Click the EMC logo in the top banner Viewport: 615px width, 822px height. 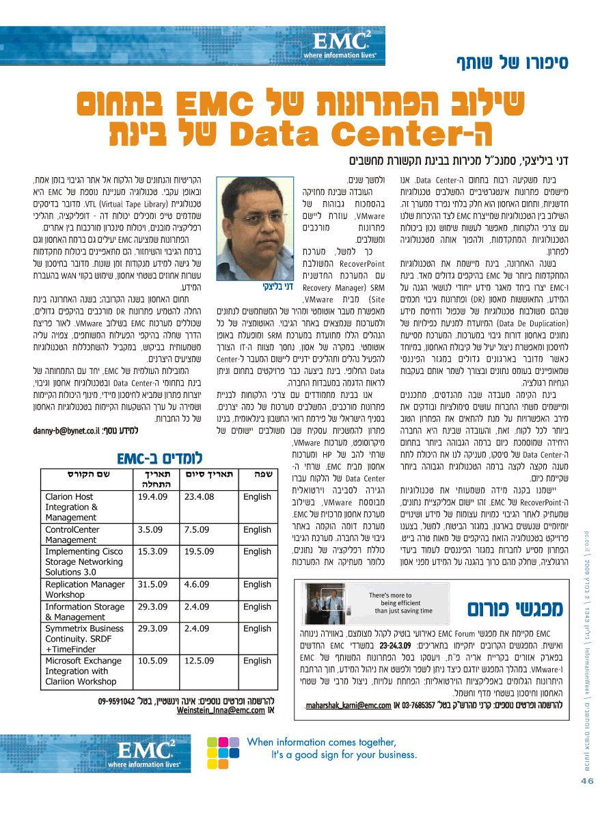click(340, 43)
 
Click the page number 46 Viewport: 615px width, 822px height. click(587, 780)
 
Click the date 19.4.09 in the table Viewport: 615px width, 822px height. click(152, 497)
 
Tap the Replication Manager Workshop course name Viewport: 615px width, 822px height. click(85, 589)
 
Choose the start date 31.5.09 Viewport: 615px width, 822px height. click(152, 585)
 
